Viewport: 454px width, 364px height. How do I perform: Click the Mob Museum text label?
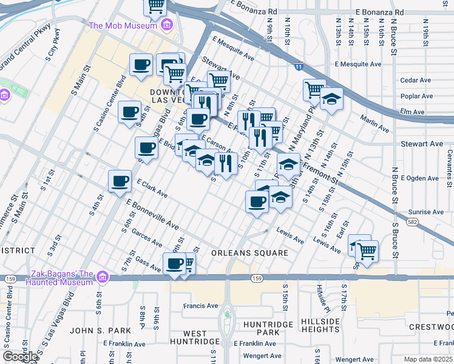point(123,25)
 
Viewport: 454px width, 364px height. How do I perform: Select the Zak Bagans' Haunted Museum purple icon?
point(102,277)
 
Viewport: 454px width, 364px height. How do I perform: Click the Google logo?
point(20,357)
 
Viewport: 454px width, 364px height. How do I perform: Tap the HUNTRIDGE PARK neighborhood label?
point(269,329)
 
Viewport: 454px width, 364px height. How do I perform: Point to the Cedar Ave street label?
point(415,80)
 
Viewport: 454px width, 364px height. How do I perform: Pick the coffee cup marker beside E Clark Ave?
point(120,181)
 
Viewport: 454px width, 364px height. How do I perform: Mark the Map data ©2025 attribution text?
point(429,359)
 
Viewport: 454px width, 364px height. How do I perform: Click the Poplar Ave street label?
point(416,96)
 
